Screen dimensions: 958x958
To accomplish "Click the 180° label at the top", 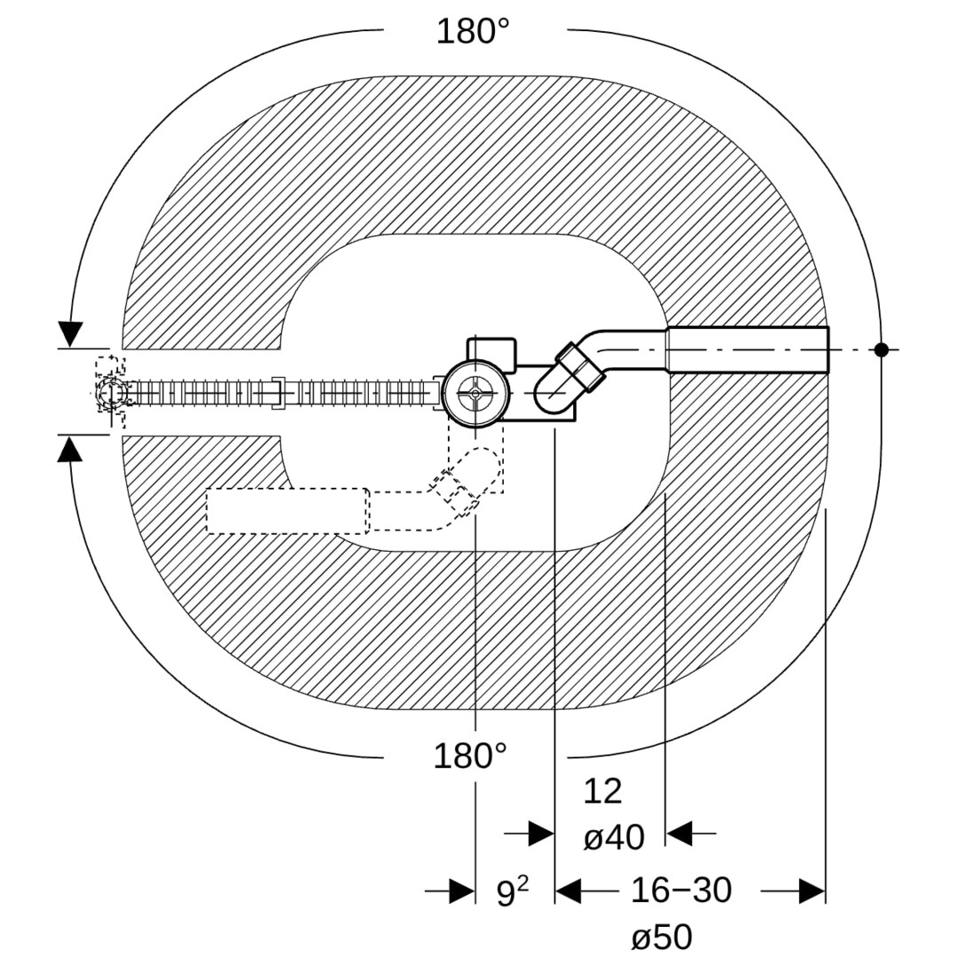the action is click(x=473, y=31).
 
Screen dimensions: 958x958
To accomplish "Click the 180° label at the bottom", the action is click(x=470, y=756).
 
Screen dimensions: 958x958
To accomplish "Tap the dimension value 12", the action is click(x=602, y=791).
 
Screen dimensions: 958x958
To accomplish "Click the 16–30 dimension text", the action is click(x=680, y=890).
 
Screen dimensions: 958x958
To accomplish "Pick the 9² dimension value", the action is click(x=513, y=892).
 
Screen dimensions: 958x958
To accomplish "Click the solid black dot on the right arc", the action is click(x=881, y=349).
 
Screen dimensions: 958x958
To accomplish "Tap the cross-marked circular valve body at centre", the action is click(x=475, y=394).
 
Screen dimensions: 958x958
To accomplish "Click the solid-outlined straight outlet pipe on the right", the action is click(x=747, y=350).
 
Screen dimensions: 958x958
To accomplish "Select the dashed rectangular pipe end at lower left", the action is click(x=287, y=511).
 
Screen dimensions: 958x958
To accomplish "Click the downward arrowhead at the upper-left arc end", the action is click(x=71, y=334).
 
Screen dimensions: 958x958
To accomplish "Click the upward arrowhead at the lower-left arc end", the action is click(x=70, y=451).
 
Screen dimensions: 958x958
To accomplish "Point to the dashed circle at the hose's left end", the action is click(x=112, y=393).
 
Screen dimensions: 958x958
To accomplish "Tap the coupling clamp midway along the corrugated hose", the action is click(x=278, y=394).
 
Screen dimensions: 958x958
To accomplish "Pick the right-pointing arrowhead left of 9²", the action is click(x=461, y=891).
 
